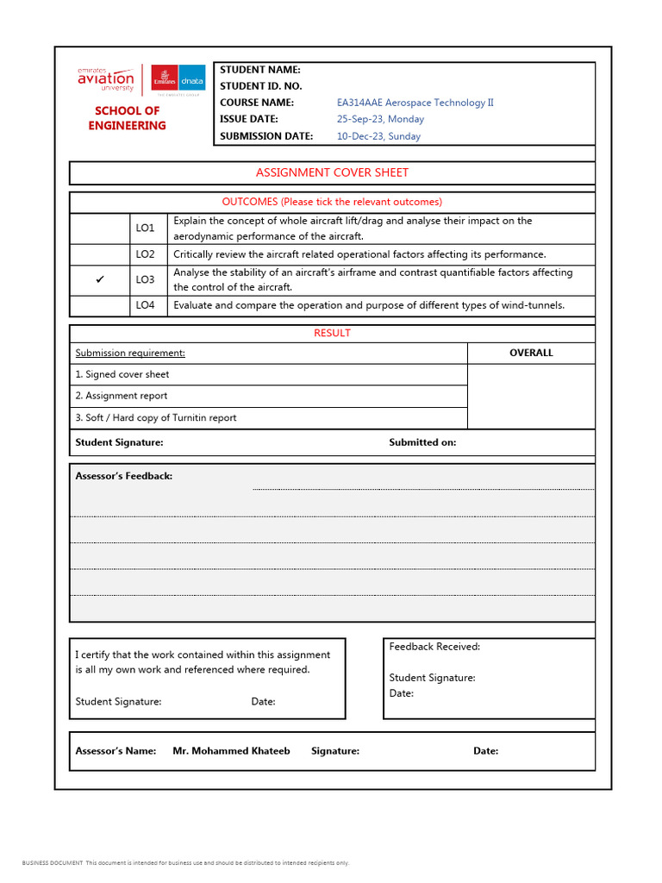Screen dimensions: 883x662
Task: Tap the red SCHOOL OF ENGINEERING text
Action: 127,118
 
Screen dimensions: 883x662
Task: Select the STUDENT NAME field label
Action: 259,70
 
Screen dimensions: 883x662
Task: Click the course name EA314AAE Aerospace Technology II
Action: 415,103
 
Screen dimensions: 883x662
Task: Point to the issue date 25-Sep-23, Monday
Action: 380,119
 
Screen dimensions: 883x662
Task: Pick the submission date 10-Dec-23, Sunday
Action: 378,136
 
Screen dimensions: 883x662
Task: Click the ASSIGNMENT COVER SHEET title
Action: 332,172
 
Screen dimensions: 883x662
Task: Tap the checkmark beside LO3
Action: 100,280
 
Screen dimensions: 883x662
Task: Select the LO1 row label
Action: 145,229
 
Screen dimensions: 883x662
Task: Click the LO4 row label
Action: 145,305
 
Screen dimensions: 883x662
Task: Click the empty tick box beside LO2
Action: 100,254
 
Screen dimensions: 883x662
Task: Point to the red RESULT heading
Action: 332,333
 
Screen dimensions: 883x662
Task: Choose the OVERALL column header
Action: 531,353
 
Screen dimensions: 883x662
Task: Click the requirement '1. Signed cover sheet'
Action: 122,374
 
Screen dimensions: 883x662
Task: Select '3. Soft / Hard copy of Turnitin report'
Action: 156,417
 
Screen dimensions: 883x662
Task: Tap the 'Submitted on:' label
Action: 422,442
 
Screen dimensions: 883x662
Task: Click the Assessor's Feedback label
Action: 124,476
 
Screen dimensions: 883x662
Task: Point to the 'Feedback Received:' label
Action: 434,647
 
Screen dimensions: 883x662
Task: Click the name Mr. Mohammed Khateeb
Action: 231,751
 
